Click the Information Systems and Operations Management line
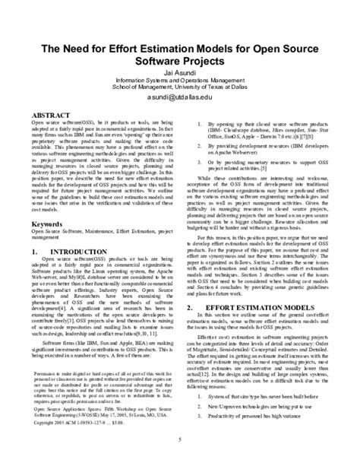[180, 82]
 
